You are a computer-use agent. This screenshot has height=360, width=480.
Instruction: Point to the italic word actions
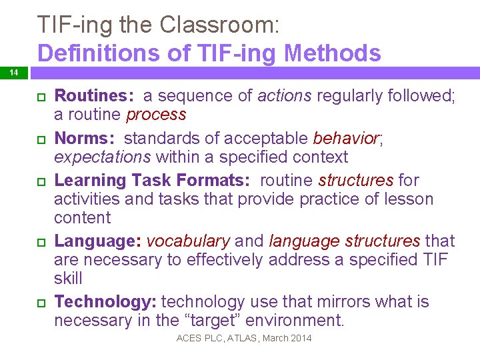click(284, 96)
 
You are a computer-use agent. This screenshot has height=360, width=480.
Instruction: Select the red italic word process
click(156, 115)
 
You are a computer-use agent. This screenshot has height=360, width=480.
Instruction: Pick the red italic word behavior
click(345, 139)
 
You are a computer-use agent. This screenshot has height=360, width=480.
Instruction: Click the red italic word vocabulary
click(189, 241)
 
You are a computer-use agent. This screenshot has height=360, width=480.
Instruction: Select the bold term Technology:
click(105, 302)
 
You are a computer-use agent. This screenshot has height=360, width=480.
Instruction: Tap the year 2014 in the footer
click(300, 339)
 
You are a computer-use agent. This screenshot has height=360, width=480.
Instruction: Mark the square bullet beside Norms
click(40, 139)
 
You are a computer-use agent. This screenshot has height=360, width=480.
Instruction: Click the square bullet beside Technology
click(40, 303)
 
